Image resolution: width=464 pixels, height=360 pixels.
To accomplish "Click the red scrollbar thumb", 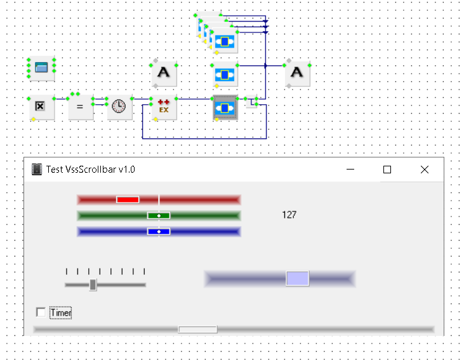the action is (x=128, y=199).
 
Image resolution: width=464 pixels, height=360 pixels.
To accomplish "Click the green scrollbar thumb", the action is (x=159, y=215).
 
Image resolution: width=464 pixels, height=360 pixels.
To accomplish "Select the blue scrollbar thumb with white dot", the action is (x=159, y=231).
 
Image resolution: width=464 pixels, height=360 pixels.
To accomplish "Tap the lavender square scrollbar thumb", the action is (x=298, y=278).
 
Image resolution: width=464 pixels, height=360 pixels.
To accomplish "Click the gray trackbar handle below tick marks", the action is (x=93, y=285).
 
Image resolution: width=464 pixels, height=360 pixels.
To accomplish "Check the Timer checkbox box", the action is (x=41, y=312).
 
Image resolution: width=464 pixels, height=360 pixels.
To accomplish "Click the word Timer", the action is (x=61, y=312).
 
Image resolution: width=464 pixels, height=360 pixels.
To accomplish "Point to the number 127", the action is (x=289, y=215).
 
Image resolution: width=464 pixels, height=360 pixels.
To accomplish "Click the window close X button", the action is (x=425, y=170).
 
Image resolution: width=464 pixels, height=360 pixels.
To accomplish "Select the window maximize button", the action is (x=387, y=170).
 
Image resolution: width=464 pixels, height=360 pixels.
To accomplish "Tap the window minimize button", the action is (x=350, y=170).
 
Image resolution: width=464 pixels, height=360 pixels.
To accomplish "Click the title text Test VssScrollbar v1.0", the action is (x=91, y=170).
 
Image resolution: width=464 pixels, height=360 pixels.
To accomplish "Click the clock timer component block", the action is (x=119, y=107).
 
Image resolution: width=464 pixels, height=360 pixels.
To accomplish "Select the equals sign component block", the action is (x=80, y=107).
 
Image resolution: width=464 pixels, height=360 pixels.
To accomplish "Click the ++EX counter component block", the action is (x=164, y=107).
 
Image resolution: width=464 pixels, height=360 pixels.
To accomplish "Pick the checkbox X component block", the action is (x=41, y=107).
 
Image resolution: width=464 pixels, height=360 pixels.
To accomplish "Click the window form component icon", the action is (x=41, y=68).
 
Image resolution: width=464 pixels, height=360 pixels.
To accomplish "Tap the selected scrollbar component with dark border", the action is (x=225, y=107).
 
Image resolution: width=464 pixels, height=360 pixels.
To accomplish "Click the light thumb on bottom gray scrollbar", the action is (x=197, y=330).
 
